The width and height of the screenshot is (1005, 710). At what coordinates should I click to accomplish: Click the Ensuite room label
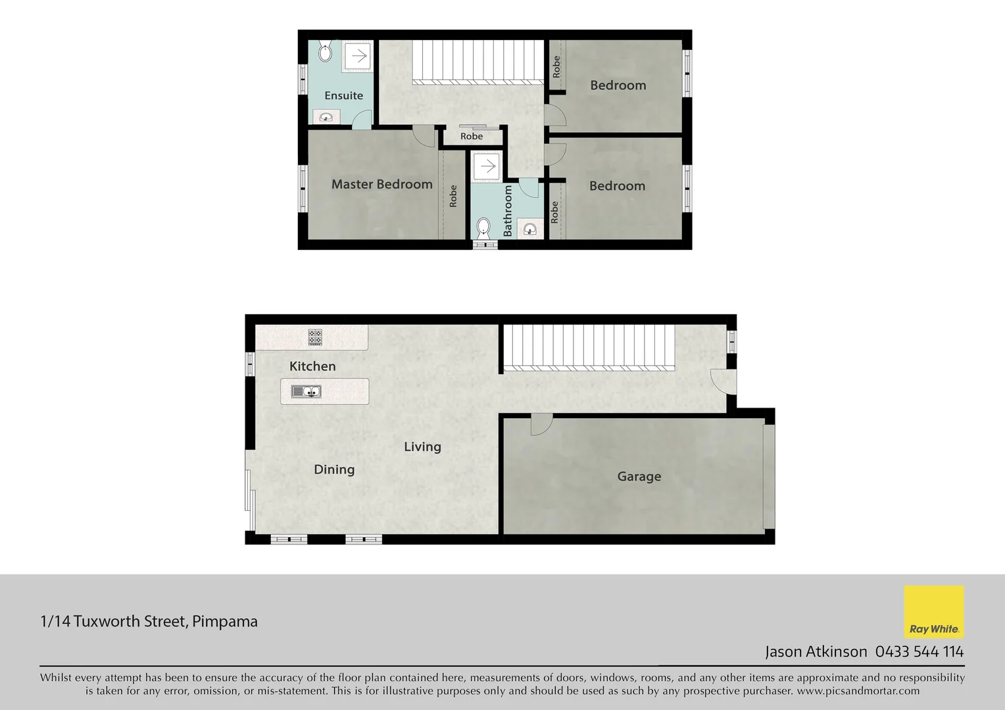coord(343,96)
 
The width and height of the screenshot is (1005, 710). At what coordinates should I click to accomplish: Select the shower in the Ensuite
coord(357,56)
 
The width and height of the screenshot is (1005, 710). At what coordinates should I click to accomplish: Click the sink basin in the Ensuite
coord(326,118)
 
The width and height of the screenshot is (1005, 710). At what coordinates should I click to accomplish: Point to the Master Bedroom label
coord(381,185)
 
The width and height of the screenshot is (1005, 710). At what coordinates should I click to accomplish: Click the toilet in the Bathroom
coord(483,229)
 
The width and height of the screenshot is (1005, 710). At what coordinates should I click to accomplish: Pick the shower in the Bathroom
coord(487,166)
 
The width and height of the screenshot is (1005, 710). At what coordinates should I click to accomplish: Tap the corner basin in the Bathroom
coord(530,229)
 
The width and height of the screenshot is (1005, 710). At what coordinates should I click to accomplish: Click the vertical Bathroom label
coord(508,210)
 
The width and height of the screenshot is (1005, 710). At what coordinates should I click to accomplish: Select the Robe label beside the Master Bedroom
coord(453,196)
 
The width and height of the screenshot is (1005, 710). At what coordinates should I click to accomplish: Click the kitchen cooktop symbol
coord(315,337)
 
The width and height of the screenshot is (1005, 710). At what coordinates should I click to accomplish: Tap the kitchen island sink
coord(306,392)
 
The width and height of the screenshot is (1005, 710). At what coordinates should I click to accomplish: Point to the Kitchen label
coord(312,366)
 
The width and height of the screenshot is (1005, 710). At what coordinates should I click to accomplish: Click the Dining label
coord(334,469)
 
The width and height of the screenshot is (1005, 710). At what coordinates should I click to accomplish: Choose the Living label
coord(422,447)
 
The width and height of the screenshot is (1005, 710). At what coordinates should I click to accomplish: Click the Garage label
coord(639,477)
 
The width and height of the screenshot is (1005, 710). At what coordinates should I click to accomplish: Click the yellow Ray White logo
coord(934,612)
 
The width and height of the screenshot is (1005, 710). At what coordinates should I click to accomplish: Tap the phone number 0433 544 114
coord(919,651)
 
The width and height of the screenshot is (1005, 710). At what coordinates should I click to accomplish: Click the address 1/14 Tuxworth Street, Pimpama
coord(149,621)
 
